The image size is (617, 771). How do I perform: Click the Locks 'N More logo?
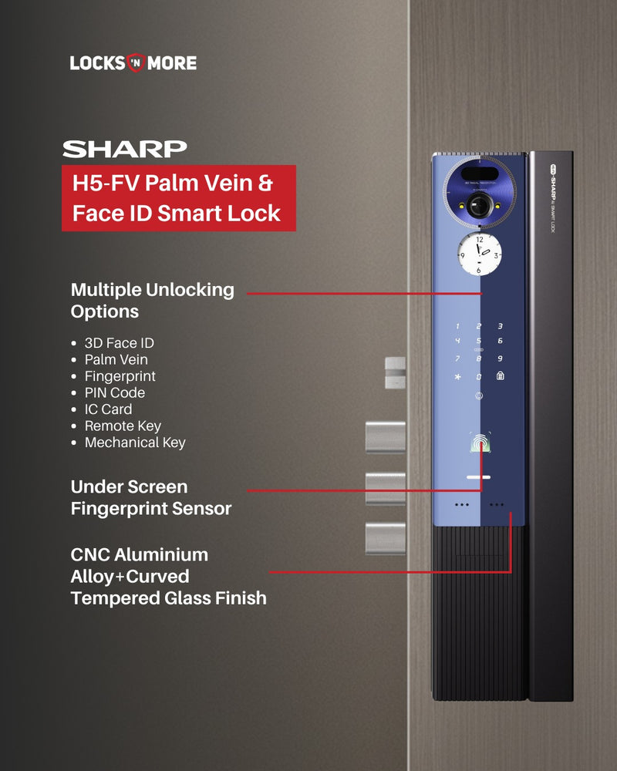[133, 63]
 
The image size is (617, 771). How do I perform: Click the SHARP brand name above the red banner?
[124, 150]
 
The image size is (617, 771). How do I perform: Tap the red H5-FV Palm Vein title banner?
[179, 198]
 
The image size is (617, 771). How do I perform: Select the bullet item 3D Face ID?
[119, 343]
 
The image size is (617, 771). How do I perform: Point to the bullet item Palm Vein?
[116, 359]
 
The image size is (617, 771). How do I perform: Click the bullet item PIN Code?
[115, 392]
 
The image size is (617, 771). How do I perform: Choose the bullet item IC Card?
[108, 409]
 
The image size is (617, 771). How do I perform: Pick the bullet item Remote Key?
[123, 426]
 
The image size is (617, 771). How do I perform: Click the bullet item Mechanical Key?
[135, 443]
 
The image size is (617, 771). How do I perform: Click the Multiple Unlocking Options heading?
[152, 301]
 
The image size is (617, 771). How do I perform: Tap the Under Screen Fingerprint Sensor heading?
[150, 497]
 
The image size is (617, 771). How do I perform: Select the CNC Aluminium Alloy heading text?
[168, 576]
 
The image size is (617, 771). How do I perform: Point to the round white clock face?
[479, 254]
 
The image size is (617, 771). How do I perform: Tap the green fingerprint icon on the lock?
[480, 443]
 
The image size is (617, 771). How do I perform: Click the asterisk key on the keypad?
[457, 377]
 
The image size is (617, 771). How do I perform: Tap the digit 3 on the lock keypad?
[500, 326]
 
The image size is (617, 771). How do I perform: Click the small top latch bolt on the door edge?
[395, 372]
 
